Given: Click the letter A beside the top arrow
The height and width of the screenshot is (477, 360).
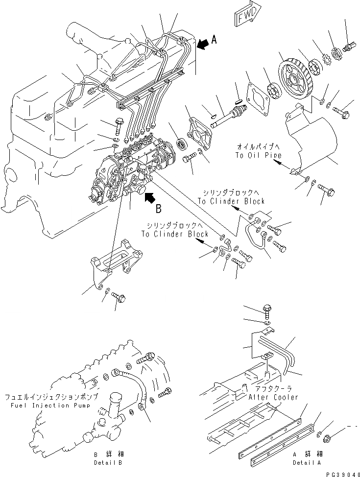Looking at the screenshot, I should coord(215,42).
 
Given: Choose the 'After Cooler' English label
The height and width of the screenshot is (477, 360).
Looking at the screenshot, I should coord(273,397).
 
